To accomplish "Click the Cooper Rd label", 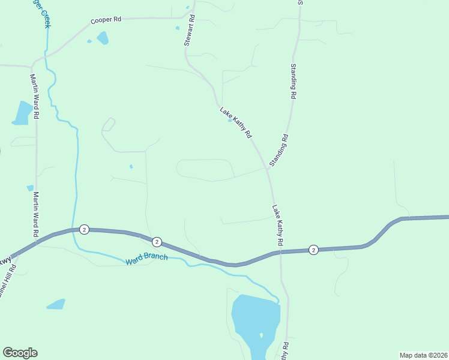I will pyautogui.click(x=106, y=20).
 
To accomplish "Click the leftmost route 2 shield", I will pyautogui.click(x=84, y=229).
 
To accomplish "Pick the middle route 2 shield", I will pyautogui.click(x=157, y=242).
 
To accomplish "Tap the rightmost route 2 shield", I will pyautogui.click(x=313, y=250).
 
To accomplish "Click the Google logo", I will pyautogui.click(x=20, y=353).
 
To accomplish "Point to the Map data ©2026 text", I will pyautogui.click(x=423, y=355).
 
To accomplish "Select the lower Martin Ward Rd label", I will pyautogui.click(x=36, y=214).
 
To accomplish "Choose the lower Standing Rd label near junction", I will pyautogui.click(x=279, y=150).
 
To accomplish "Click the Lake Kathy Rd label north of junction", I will pyautogui.click(x=235, y=123).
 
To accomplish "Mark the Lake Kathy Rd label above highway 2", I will pyautogui.click(x=277, y=225).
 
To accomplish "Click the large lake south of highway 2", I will pyautogui.click(x=255, y=318).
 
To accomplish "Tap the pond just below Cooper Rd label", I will pyautogui.click(x=103, y=38).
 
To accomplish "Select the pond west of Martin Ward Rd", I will pyautogui.click(x=23, y=113).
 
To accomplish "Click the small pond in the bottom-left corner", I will pyautogui.click(x=56, y=304).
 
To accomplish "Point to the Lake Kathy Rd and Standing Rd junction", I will pyautogui.click(x=267, y=169).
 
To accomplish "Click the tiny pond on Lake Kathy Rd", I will pyautogui.click(x=230, y=120).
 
